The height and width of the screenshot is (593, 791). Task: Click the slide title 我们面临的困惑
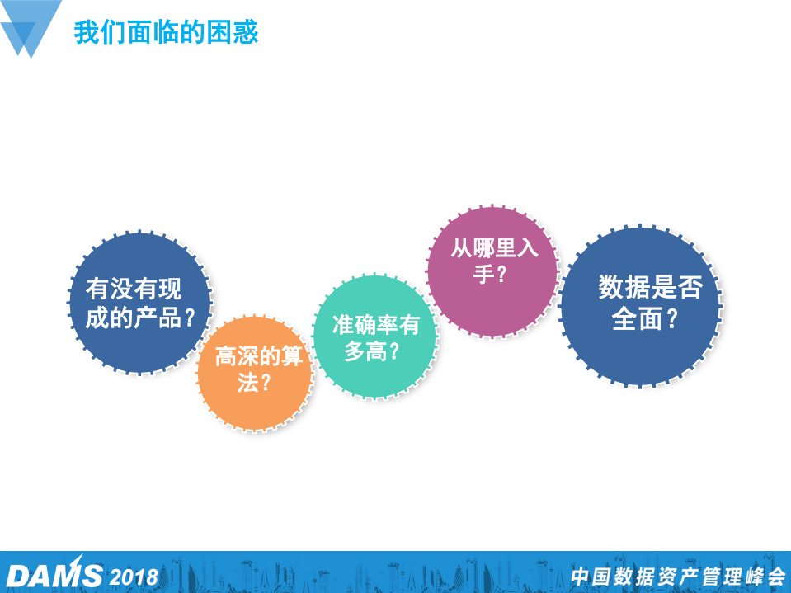(166, 32)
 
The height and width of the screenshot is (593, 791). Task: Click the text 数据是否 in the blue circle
(650, 288)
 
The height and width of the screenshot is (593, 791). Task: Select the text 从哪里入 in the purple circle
(493, 247)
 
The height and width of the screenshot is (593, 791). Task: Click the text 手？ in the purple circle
(491, 274)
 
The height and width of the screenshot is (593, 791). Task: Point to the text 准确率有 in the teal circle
(375, 325)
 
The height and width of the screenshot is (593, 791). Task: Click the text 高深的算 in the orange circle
(258, 356)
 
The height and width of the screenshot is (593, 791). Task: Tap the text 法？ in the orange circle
(255, 383)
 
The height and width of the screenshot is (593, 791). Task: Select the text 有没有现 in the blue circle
(134, 289)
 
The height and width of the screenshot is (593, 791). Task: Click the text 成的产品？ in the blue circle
(141, 318)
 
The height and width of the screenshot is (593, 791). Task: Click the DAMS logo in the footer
(54, 575)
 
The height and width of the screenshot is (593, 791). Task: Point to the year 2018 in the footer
(134, 576)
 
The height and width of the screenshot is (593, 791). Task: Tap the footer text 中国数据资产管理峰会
(678, 576)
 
